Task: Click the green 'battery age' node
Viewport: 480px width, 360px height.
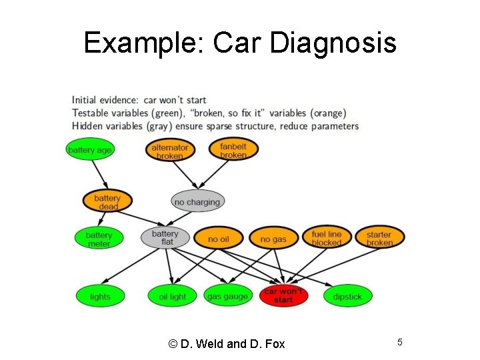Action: [x=90, y=150]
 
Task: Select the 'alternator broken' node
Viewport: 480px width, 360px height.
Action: [x=170, y=151]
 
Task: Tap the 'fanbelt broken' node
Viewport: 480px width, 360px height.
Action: [x=233, y=150]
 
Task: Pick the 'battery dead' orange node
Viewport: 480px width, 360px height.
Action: [x=107, y=202]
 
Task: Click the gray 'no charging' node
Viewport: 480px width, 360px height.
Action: [x=197, y=202]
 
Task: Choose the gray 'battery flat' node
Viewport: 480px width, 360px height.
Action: [x=165, y=238]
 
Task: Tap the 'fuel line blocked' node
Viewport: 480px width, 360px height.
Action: [x=326, y=238]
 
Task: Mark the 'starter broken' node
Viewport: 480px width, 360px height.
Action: [x=379, y=238]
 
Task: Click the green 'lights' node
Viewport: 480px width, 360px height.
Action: [x=100, y=296]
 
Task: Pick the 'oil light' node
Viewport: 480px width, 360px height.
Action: [x=173, y=296]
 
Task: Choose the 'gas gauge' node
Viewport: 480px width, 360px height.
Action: [x=227, y=296]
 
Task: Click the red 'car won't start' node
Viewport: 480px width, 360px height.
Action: [x=283, y=296]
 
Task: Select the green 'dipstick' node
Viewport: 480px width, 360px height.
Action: [x=347, y=296]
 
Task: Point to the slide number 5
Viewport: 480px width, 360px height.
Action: [x=400, y=342]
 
